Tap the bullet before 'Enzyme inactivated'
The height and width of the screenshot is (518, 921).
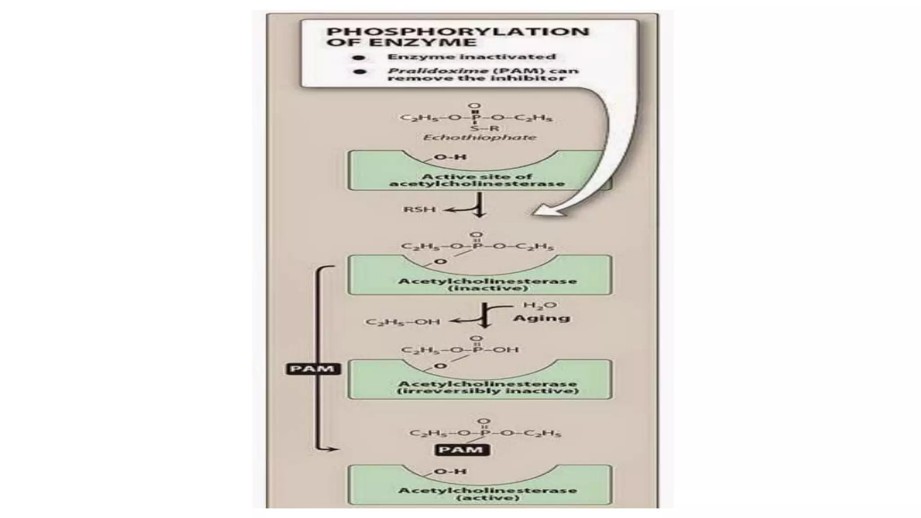click(x=359, y=58)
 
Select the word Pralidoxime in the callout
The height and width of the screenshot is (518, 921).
click(x=438, y=71)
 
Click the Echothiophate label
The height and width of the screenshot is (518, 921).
click(x=479, y=137)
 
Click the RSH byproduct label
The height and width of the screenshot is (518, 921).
click(x=419, y=209)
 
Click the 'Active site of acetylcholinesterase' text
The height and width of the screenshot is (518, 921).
click(x=476, y=180)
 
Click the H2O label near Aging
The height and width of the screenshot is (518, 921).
click(x=540, y=305)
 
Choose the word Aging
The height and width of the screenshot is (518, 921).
click(x=541, y=318)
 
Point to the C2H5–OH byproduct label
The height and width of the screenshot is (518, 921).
click(x=402, y=322)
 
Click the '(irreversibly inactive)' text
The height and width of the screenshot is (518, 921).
click(x=487, y=391)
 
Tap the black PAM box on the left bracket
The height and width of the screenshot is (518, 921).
click(x=313, y=369)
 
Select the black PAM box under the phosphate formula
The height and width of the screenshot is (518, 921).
click(x=461, y=450)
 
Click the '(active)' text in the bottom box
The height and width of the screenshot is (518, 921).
click(x=487, y=498)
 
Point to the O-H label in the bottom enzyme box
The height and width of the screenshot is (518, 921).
click(x=444, y=472)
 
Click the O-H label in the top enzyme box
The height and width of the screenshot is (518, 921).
click(x=444, y=157)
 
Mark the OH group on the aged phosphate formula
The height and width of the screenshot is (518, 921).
click(x=507, y=349)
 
